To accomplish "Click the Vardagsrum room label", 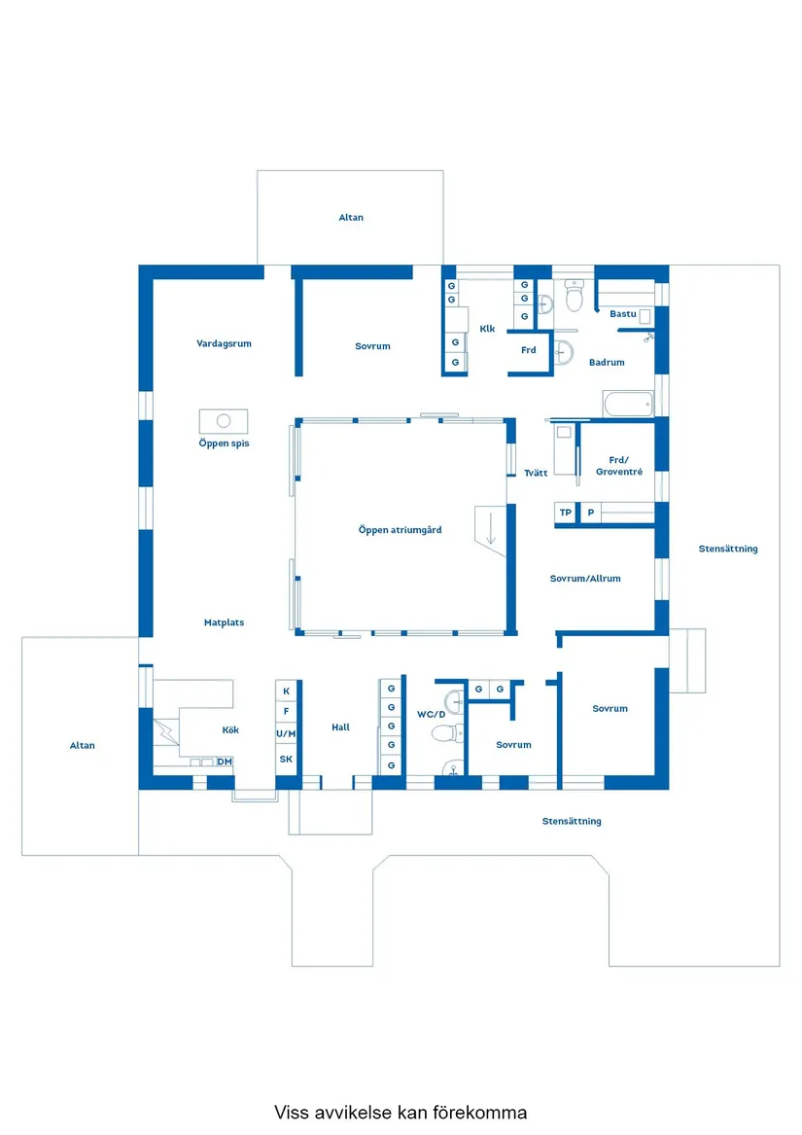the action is pos(224,344).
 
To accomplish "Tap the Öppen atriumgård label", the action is pos(400,530).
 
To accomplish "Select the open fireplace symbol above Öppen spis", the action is pos(224,421).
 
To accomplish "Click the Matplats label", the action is pos(224,622).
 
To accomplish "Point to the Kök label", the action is pos(230,729).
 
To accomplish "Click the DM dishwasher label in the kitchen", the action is pos(225,762).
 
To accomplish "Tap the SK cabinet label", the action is pos(286,760).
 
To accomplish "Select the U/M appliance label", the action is pos(286,734).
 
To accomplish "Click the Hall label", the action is pos(340,727).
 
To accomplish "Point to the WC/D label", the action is pos(431,715).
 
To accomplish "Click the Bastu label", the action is pos(622,314).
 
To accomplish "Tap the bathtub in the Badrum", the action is pos(628,404).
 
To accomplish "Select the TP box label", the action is pos(566,513).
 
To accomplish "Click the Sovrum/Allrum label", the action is pos(585,579).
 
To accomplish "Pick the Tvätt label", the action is pos(536,473).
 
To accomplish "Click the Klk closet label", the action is pos(487,329).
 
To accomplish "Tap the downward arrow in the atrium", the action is pos(491,528).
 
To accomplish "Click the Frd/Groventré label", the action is pos(619,466).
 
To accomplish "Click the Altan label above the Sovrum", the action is pos(351,217).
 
